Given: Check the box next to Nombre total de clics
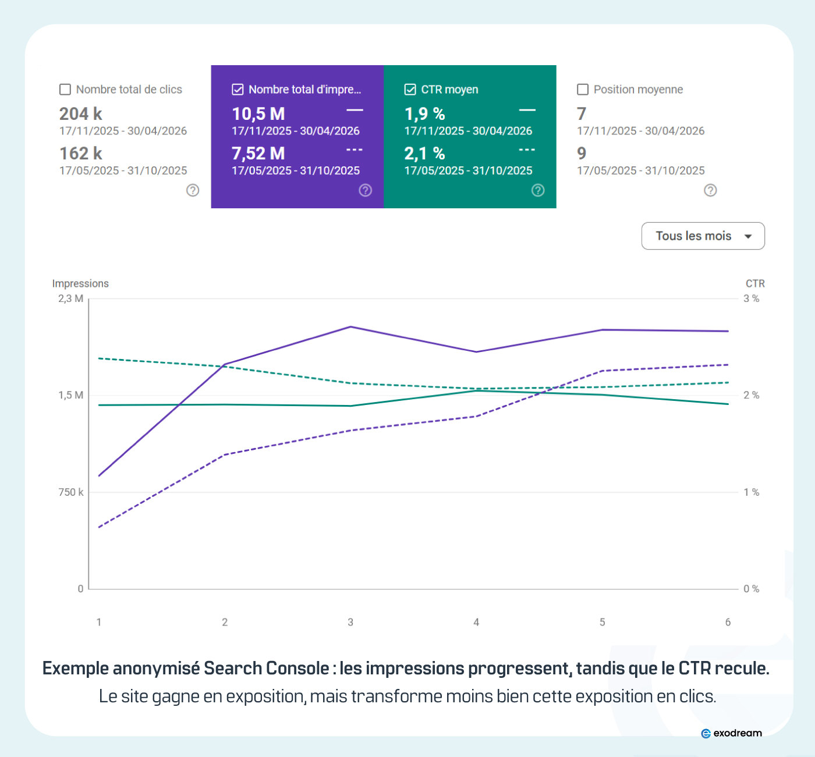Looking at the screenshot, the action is [x=65, y=90].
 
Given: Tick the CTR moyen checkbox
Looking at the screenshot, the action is [x=410, y=90].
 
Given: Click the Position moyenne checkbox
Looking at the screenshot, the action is [x=583, y=90].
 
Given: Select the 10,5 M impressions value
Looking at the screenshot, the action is [x=258, y=114].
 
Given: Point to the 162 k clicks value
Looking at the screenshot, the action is [x=81, y=154].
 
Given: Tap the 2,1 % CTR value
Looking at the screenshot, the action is [x=425, y=154].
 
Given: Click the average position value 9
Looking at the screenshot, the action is [x=582, y=154].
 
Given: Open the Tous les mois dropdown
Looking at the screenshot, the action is [x=703, y=236].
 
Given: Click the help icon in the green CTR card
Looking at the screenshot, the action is [x=537, y=190].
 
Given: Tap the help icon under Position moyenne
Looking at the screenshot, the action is [x=710, y=190].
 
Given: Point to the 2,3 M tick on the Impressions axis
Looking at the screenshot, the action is [x=70, y=298].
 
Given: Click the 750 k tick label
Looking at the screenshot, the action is [x=70, y=492].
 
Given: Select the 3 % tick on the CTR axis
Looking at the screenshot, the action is [x=752, y=298].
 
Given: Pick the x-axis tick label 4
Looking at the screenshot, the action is [x=476, y=622].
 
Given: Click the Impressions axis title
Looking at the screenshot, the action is [x=80, y=283].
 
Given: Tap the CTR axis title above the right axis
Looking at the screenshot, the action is [x=755, y=283].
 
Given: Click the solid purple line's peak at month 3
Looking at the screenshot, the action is [x=350, y=326].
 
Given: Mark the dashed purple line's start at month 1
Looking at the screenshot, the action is [x=99, y=527].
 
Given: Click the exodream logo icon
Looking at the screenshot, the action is [x=706, y=734].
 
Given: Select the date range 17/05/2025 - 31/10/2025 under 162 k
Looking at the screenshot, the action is [x=123, y=170].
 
